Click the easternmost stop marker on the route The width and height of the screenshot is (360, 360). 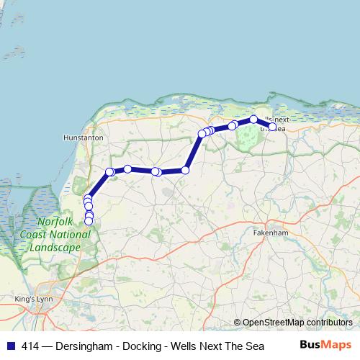click(273, 127)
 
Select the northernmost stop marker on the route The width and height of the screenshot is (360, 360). click(253, 120)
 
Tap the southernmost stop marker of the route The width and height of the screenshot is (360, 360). click(89, 221)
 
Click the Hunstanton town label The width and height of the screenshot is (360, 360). click(84, 137)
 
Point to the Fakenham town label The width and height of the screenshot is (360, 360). click(271, 234)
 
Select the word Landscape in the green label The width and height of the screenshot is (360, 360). click(55, 247)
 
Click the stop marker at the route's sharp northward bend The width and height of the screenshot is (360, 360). click(185, 170)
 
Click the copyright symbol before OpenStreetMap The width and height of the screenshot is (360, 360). click(237, 323)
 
